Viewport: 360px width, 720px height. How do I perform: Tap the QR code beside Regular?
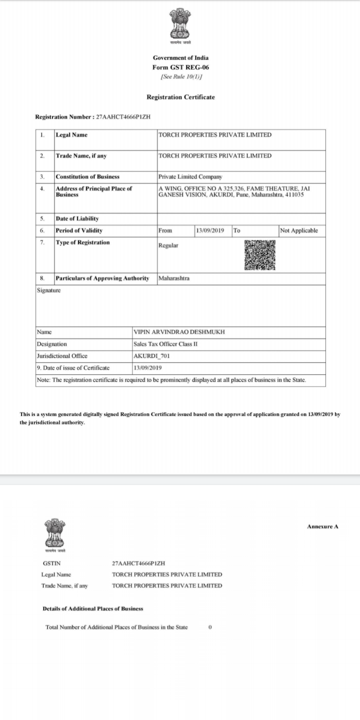point(260,255)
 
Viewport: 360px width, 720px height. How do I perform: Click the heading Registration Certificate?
point(180,97)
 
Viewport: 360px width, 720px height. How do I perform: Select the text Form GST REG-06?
point(180,67)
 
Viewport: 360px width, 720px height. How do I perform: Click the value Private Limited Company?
point(190,176)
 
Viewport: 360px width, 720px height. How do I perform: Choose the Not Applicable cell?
point(299,230)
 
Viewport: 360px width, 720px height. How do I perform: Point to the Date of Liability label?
point(77,218)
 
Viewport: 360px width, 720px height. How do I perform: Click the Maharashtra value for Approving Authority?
point(173,278)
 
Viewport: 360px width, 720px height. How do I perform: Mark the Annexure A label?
point(323,526)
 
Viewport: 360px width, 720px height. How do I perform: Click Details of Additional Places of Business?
point(93,608)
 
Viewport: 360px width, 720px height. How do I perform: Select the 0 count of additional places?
point(210,627)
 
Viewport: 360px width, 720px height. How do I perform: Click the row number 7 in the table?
point(43,242)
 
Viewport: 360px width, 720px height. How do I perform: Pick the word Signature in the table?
point(49,290)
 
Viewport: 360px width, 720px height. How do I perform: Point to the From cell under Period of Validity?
point(165,230)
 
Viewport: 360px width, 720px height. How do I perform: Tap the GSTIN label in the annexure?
point(52,563)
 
